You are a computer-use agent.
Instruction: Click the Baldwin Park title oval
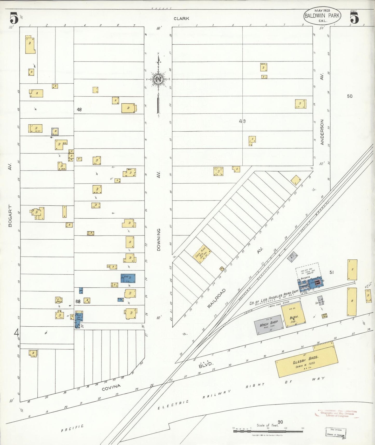pos(322,15)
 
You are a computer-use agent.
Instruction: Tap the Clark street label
pos(181,18)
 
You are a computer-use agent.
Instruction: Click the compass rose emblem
pos(158,79)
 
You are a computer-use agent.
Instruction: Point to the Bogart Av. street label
pos(10,216)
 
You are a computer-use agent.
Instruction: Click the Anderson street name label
pos(322,132)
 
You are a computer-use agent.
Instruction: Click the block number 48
pos(79,110)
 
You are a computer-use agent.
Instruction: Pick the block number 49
pos(242,121)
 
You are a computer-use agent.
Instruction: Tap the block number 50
pos(350,96)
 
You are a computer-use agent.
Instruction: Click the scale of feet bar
pos(268,431)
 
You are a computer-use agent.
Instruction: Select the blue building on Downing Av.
pos(128,278)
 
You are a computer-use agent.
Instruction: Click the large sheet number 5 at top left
pos(14,18)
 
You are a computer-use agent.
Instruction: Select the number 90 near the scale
pos(280,422)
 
